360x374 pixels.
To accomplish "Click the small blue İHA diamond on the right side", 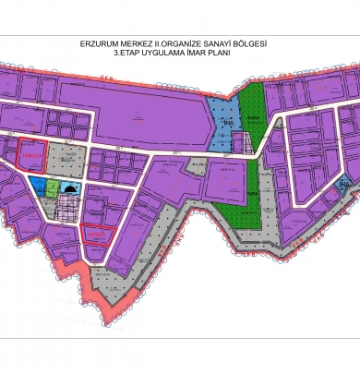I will point(342,185).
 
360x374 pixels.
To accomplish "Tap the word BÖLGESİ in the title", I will point(269,43).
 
